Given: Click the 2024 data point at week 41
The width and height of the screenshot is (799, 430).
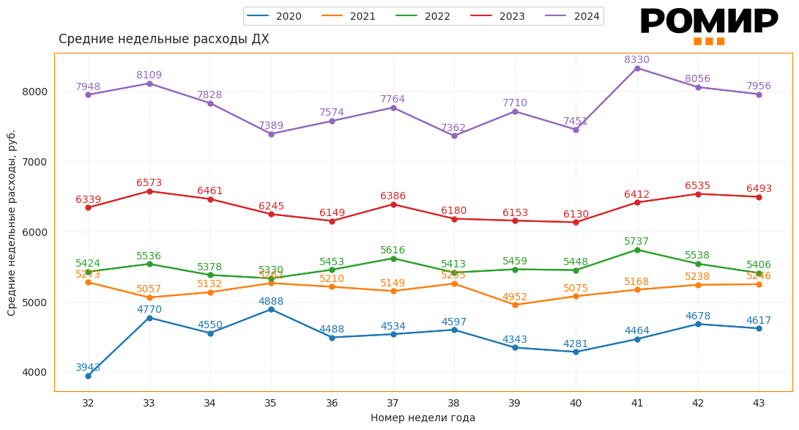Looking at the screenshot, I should (x=637, y=68).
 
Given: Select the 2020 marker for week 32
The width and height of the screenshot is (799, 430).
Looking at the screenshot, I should (x=88, y=376).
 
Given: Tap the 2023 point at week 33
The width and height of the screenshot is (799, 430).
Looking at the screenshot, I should (x=149, y=191).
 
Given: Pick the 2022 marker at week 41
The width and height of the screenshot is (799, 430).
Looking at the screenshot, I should (x=637, y=250).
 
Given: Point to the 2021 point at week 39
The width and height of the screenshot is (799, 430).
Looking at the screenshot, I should (x=515, y=305).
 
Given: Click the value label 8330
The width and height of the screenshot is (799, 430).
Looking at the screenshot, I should (x=636, y=60).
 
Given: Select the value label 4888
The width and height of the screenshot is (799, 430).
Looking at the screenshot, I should (x=270, y=301).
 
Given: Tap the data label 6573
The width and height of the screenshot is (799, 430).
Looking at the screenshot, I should (x=149, y=183).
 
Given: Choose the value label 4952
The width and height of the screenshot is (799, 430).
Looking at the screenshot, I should (x=514, y=297).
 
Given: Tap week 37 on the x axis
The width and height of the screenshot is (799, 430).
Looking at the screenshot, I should (x=393, y=403).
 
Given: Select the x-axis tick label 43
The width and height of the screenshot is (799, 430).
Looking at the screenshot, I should (x=759, y=403).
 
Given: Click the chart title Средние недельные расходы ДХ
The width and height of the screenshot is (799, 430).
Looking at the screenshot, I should (x=163, y=40).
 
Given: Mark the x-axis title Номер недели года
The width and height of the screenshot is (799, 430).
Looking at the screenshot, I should (x=423, y=418).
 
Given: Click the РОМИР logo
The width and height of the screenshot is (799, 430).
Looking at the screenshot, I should (x=708, y=25).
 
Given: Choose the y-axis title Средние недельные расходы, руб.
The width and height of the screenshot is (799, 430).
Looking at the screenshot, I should (x=12, y=223).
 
